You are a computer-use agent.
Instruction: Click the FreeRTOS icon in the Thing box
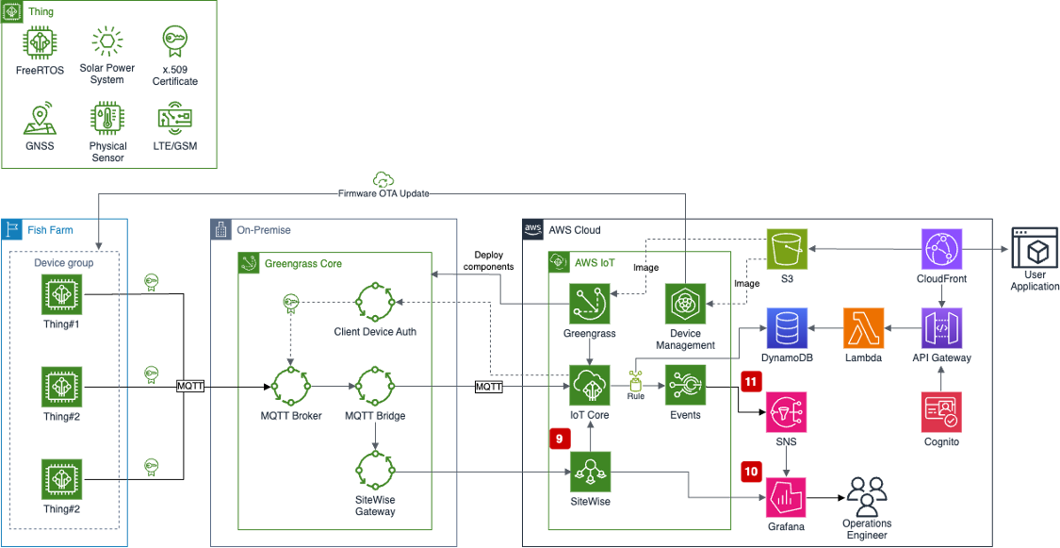pyautogui.click(x=40, y=42)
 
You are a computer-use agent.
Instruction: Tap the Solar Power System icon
pyautogui.click(x=106, y=42)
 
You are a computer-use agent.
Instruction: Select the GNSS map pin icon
pyautogui.click(x=40, y=120)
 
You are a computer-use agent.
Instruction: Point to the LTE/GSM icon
pyautogui.click(x=175, y=119)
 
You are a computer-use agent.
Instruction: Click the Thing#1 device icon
pyautogui.click(x=61, y=295)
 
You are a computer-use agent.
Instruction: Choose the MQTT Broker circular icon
pyautogui.click(x=290, y=387)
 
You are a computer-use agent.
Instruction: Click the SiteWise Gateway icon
pyautogui.click(x=376, y=473)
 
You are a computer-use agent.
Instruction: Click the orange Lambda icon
pyautogui.click(x=865, y=329)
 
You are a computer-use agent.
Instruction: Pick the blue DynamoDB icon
pyautogui.click(x=789, y=329)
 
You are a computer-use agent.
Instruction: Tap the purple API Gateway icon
pyautogui.click(x=942, y=329)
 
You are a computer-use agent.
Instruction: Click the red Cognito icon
pyautogui.click(x=942, y=412)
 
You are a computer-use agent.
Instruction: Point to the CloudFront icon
pyautogui.click(x=942, y=250)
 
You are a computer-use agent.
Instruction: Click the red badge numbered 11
pyautogui.click(x=751, y=383)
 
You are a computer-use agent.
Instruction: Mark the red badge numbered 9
pyautogui.click(x=559, y=438)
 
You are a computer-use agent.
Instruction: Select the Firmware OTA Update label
pyautogui.click(x=383, y=193)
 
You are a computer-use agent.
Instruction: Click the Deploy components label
pyautogui.click(x=488, y=260)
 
